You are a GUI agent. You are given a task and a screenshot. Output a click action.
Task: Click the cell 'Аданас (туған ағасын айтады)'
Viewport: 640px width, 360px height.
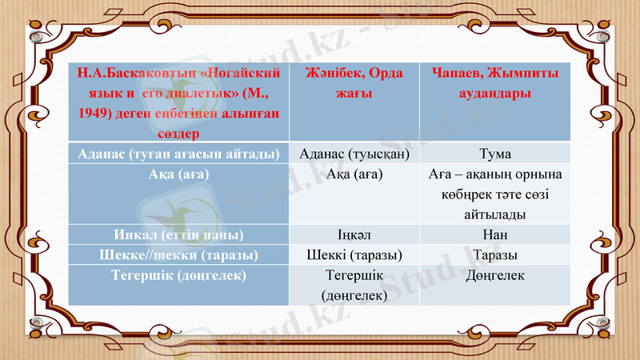[x=178, y=153]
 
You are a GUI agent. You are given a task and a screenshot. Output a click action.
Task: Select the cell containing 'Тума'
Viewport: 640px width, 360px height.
[x=494, y=153]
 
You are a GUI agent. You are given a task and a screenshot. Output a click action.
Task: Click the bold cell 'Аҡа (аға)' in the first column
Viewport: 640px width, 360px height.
[x=178, y=174]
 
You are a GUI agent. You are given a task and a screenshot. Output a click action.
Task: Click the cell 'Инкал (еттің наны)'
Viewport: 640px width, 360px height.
[x=178, y=235]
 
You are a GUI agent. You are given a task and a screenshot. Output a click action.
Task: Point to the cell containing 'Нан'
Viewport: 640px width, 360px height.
[x=494, y=235]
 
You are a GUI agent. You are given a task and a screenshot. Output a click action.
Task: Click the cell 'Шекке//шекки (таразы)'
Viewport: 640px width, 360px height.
[x=178, y=255]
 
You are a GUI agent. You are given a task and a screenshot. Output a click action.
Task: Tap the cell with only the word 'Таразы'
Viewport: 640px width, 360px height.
[x=494, y=255]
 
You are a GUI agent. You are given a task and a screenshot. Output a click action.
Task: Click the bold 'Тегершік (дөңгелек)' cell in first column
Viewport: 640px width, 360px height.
[x=178, y=275]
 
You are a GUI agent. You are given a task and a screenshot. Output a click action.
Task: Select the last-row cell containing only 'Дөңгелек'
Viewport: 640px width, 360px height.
[x=494, y=275]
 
